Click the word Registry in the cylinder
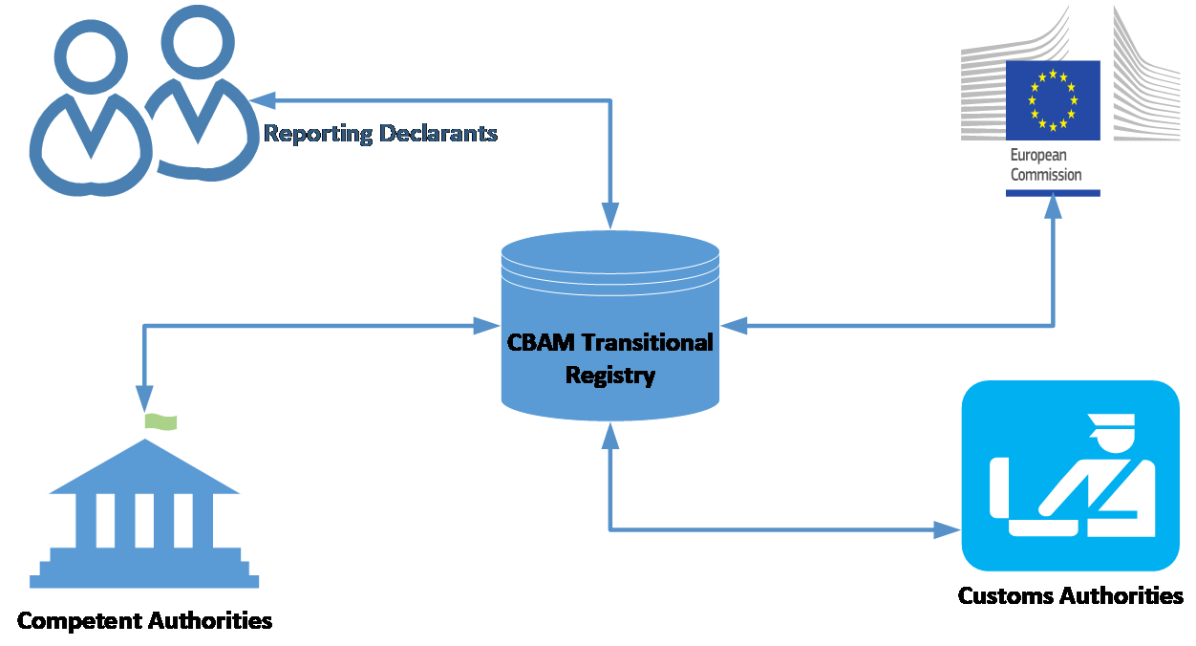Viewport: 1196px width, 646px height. (610, 375)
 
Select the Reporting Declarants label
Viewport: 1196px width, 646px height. (380, 133)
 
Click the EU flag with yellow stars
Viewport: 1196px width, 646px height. (1052, 99)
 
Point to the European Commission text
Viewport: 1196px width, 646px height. (1046, 165)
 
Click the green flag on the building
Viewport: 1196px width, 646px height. (161, 421)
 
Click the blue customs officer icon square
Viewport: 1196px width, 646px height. (1070, 475)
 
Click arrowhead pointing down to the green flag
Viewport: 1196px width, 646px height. (144, 398)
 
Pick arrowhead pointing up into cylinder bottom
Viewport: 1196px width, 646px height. (609, 435)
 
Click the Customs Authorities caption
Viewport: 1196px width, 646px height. (1070, 596)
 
